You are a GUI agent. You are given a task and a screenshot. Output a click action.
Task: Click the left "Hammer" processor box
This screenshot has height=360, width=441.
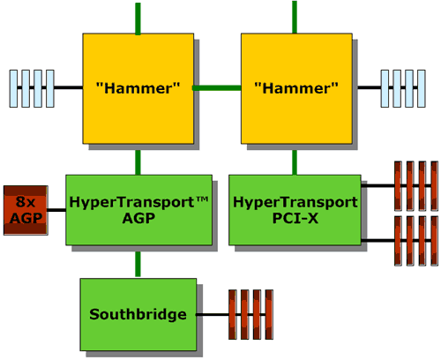[x=138, y=88]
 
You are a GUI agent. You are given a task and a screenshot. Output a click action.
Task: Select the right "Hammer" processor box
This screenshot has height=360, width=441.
[x=296, y=88]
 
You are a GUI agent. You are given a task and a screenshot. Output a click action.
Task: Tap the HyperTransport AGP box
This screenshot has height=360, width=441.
[x=138, y=210]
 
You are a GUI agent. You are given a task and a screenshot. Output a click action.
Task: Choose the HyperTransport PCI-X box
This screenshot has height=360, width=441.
[x=295, y=210]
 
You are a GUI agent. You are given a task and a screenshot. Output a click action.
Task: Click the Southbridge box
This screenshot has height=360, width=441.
[x=138, y=314]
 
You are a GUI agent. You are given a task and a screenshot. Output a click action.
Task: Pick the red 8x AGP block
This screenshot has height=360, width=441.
[x=26, y=210]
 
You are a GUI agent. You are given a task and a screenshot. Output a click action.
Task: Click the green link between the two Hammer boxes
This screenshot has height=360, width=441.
[x=217, y=88]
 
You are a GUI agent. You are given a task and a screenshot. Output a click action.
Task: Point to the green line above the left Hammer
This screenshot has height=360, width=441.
[x=138, y=19]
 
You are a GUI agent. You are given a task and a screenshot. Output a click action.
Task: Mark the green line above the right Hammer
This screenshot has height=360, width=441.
[x=295, y=17]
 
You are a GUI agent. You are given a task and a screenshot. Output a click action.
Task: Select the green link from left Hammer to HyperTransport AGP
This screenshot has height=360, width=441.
[x=138, y=162]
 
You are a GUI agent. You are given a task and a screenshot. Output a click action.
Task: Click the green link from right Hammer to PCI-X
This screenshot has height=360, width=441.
[x=295, y=162]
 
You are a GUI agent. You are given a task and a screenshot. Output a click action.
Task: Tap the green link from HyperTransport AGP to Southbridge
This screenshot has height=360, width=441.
[x=138, y=264]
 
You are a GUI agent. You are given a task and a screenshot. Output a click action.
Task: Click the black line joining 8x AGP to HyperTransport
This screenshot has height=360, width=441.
[x=56, y=210]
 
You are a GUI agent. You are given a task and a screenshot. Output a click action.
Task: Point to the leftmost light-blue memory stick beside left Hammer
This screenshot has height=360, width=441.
[x=13, y=88]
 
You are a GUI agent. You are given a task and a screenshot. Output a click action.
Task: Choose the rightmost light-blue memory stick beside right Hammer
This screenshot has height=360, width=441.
[x=422, y=88]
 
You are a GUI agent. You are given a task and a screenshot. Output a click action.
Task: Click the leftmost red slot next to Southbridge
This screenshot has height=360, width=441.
[x=233, y=314]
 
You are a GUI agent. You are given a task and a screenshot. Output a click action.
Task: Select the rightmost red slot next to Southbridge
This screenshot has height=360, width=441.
[x=269, y=314]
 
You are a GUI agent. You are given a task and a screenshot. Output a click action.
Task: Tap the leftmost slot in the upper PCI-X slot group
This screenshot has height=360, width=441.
[x=398, y=186]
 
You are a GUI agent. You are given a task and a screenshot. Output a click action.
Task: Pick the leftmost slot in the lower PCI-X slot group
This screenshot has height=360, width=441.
[x=398, y=241]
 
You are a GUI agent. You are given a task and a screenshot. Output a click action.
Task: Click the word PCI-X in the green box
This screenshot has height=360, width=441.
[x=295, y=218]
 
